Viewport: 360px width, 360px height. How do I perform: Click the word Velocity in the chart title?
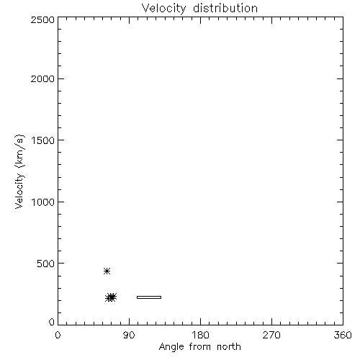[164, 9]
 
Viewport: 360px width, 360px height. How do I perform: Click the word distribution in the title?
[225, 8]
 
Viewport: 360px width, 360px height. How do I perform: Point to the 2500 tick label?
[42, 19]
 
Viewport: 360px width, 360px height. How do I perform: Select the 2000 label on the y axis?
[42, 78]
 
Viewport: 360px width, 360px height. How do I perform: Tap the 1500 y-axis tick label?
[43, 140]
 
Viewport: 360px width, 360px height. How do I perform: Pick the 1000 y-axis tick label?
[43, 202]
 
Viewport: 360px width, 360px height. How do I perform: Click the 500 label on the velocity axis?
[46, 264]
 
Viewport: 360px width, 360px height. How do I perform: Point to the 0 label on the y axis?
[52, 322]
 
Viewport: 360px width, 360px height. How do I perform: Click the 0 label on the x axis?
[58, 335]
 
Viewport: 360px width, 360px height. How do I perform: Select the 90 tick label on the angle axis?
[129, 335]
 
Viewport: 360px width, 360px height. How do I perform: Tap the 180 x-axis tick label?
[200, 335]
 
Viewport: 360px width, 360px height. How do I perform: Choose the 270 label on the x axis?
[271, 335]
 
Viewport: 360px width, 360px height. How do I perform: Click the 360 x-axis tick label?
[343, 335]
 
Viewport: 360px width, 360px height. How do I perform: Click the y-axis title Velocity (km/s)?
[19, 171]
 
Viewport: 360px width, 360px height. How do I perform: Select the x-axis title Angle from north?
[200, 347]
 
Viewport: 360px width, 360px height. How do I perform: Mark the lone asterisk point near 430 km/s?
[107, 271]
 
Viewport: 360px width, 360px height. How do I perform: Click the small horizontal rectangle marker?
[149, 297]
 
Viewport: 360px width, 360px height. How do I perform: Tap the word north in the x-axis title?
[229, 346]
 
